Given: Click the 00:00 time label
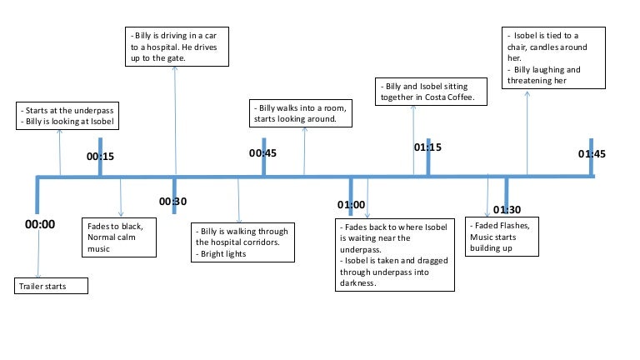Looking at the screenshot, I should pyautogui.click(x=39, y=224).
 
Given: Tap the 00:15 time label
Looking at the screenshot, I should pyautogui.click(x=100, y=156).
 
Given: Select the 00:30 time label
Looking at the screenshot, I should pyautogui.click(x=172, y=202).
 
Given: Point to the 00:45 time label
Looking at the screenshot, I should pyautogui.click(x=262, y=153).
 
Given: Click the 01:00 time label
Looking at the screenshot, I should pyautogui.click(x=351, y=204).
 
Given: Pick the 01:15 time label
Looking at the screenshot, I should pyautogui.click(x=427, y=147).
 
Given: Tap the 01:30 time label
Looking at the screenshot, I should pyautogui.click(x=507, y=209).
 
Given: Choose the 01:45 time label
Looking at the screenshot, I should pyautogui.click(x=592, y=154).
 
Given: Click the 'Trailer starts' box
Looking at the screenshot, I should pyautogui.click(x=51, y=286).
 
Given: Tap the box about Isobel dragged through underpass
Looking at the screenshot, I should pyautogui.click(x=394, y=254).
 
